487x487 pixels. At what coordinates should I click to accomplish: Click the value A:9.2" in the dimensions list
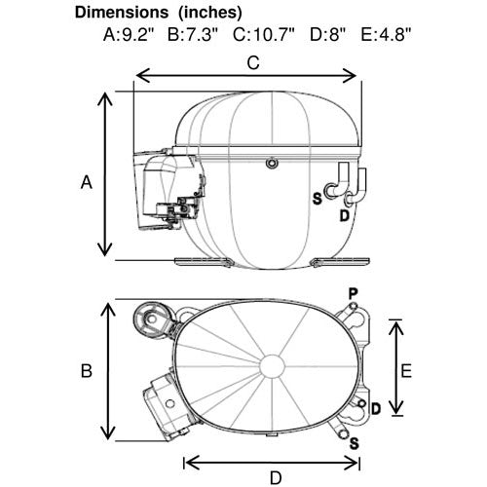[x=130, y=34]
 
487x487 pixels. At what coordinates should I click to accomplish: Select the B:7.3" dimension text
[x=193, y=34]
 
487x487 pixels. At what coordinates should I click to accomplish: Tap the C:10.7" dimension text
[x=264, y=34]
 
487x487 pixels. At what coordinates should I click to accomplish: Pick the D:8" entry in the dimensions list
[x=327, y=34]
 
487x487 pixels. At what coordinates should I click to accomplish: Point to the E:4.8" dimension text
[x=387, y=34]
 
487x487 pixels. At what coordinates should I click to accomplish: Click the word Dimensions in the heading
[x=122, y=13]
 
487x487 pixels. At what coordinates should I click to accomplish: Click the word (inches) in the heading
[x=209, y=13]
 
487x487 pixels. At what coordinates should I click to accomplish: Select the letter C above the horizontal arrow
[x=253, y=63]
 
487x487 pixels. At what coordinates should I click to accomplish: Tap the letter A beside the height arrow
[x=87, y=182]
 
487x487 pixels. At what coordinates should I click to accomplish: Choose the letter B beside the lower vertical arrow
[x=87, y=370]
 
